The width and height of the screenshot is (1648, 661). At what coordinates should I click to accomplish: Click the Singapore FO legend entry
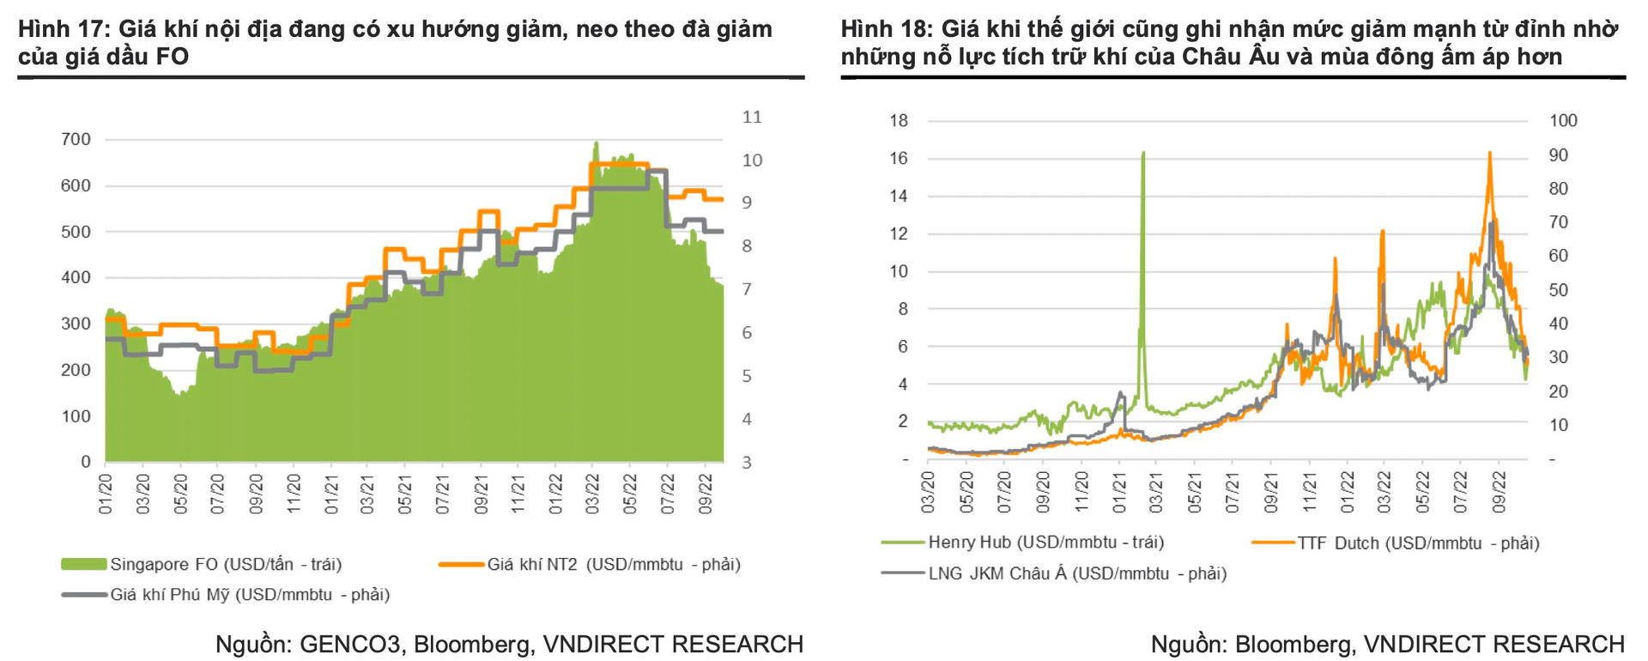[226, 564]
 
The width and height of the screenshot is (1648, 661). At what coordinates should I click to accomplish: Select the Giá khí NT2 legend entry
[613, 564]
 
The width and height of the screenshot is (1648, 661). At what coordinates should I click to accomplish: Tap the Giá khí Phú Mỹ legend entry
[249, 594]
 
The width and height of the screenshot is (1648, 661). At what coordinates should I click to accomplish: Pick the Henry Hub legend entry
[1045, 542]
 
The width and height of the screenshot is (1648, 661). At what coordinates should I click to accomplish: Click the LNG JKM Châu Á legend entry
[1077, 573]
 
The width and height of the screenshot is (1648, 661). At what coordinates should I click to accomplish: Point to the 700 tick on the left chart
[76, 139]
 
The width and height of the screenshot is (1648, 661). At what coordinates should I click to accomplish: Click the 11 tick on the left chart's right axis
[752, 117]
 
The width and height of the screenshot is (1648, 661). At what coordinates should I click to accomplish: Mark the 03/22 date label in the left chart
[593, 492]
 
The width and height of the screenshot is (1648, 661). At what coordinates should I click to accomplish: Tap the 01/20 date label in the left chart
[106, 492]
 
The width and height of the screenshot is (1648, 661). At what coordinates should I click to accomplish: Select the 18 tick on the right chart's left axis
[899, 120]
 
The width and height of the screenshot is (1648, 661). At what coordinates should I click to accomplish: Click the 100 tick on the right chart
[1563, 120]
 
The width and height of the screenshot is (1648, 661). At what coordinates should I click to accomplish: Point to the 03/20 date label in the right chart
[929, 492]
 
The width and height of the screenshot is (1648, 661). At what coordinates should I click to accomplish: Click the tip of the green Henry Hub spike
[1143, 153]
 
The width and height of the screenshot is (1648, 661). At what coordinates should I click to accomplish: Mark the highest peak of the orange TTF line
[1489, 154]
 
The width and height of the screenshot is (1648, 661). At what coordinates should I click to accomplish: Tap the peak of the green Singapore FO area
[597, 143]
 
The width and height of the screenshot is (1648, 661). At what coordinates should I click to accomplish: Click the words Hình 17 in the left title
[59, 29]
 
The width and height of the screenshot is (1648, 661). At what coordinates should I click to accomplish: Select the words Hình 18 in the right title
[882, 29]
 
